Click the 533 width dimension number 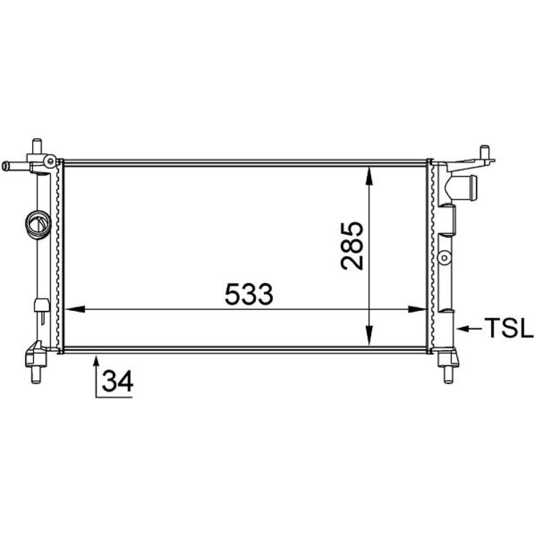click(x=249, y=294)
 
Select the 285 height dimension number click(x=352, y=246)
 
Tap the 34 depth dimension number click(x=117, y=381)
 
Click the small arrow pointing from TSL click(x=469, y=328)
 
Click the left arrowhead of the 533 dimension click(x=75, y=309)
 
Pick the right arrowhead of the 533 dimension click(x=417, y=309)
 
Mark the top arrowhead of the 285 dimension click(x=369, y=175)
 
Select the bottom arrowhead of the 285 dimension click(x=369, y=336)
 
